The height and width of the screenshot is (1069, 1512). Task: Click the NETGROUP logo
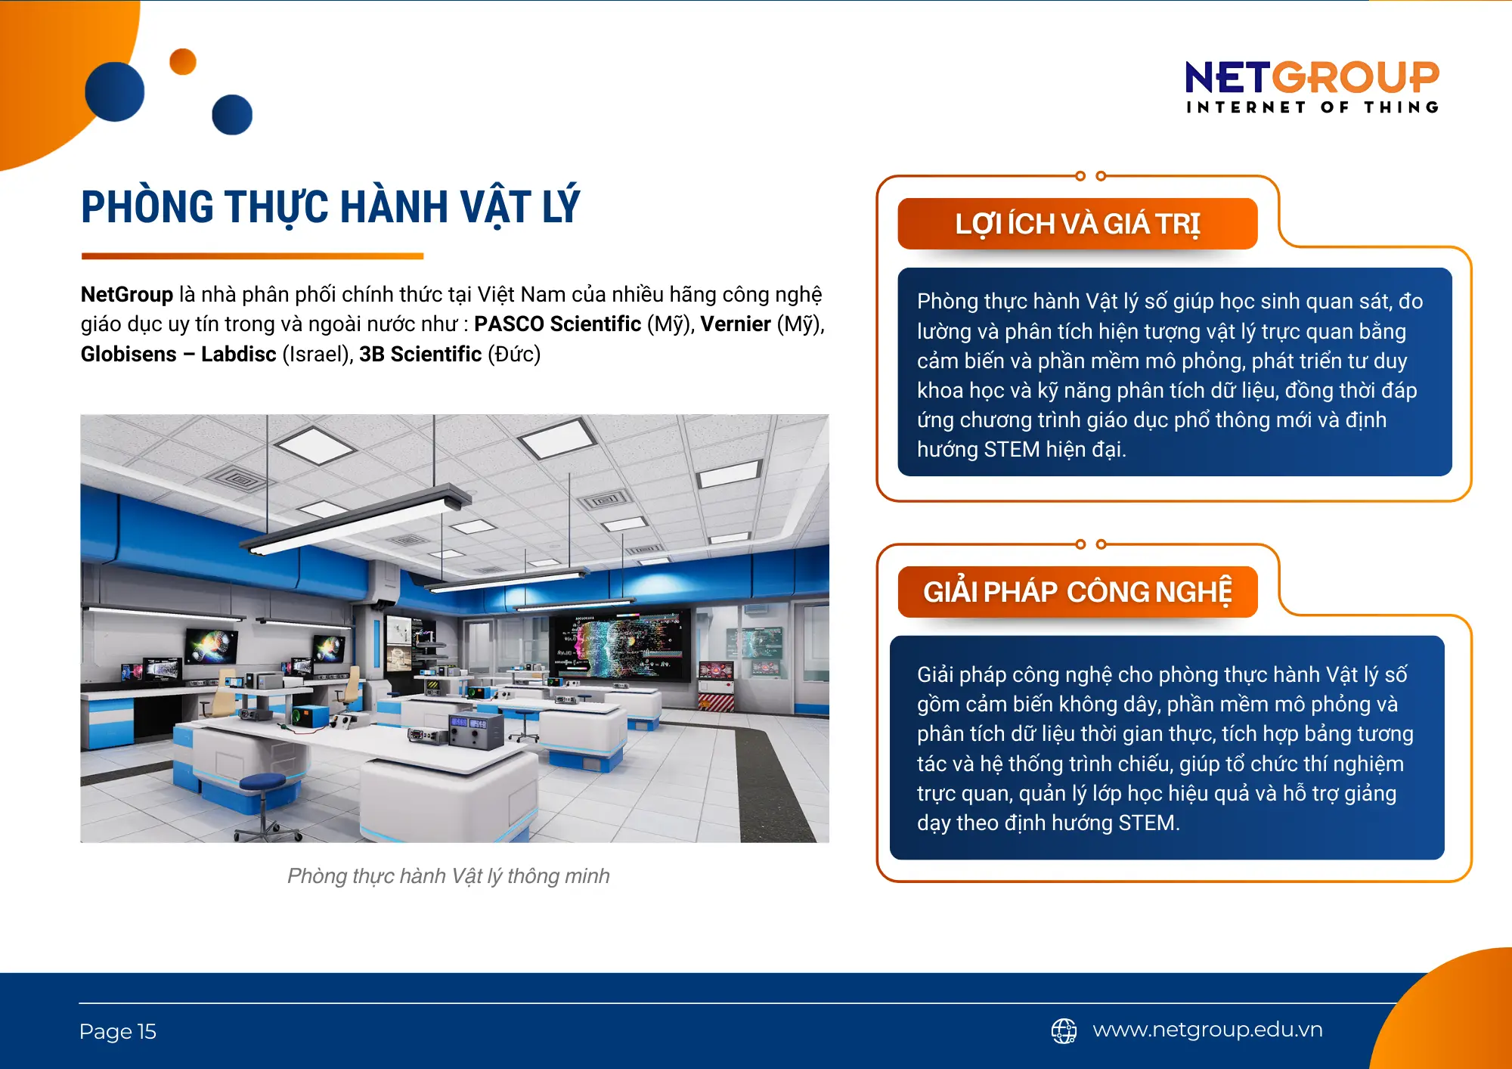[1312, 78]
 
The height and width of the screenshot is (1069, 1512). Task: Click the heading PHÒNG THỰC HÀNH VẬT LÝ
[330, 206]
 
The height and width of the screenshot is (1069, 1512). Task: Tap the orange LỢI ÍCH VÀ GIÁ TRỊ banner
[1077, 225]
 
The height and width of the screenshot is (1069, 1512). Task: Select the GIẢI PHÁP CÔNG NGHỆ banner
[1077, 592]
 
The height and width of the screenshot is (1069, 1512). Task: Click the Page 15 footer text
[118, 1032]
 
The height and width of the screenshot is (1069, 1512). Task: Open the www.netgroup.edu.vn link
[1207, 1030]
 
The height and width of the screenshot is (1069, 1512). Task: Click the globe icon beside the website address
[1064, 1030]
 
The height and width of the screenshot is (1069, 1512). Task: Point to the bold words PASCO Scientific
[557, 324]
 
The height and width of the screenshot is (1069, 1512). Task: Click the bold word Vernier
[736, 324]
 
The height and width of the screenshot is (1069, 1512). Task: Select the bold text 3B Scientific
[420, 354]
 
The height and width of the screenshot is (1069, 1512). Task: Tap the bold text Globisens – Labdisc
[178, 354]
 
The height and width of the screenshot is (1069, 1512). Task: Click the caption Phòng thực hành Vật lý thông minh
[448, 876]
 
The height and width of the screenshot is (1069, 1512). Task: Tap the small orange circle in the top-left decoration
[183, 62]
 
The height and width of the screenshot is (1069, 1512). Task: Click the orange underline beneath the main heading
[252, 256]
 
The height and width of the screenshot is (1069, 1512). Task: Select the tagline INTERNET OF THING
[1312, 107]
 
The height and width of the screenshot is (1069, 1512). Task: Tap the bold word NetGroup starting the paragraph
[127, 294]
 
